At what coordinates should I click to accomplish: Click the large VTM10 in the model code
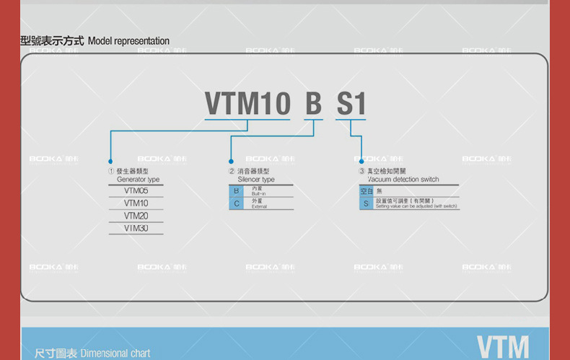tap(247, 104)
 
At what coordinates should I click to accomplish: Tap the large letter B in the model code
tap(313, 104)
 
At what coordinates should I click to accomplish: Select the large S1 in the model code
tap(351, 104)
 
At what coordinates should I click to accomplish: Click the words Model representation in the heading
tap(128, 41)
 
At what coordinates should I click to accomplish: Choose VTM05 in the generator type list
tap(136, 191)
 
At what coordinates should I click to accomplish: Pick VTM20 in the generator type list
tap(136, 216)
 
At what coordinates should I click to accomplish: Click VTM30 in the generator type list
tap(136, 228)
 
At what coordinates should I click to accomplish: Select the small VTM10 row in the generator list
tap(136, 203)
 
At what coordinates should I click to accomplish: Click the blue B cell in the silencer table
tap(235, 191)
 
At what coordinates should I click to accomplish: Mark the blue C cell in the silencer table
tap(235, 203)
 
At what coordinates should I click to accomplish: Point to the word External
tap(259, 207)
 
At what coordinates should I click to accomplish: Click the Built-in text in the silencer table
tap(259, 195)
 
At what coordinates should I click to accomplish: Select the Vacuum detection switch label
tap(403, 179)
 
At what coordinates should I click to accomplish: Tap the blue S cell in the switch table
tap(367, 204)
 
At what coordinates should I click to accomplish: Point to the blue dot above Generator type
tap(110, 162)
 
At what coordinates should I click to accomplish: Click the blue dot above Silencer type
tap(231, 162)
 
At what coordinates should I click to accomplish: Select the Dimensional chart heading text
tap(115, 354)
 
